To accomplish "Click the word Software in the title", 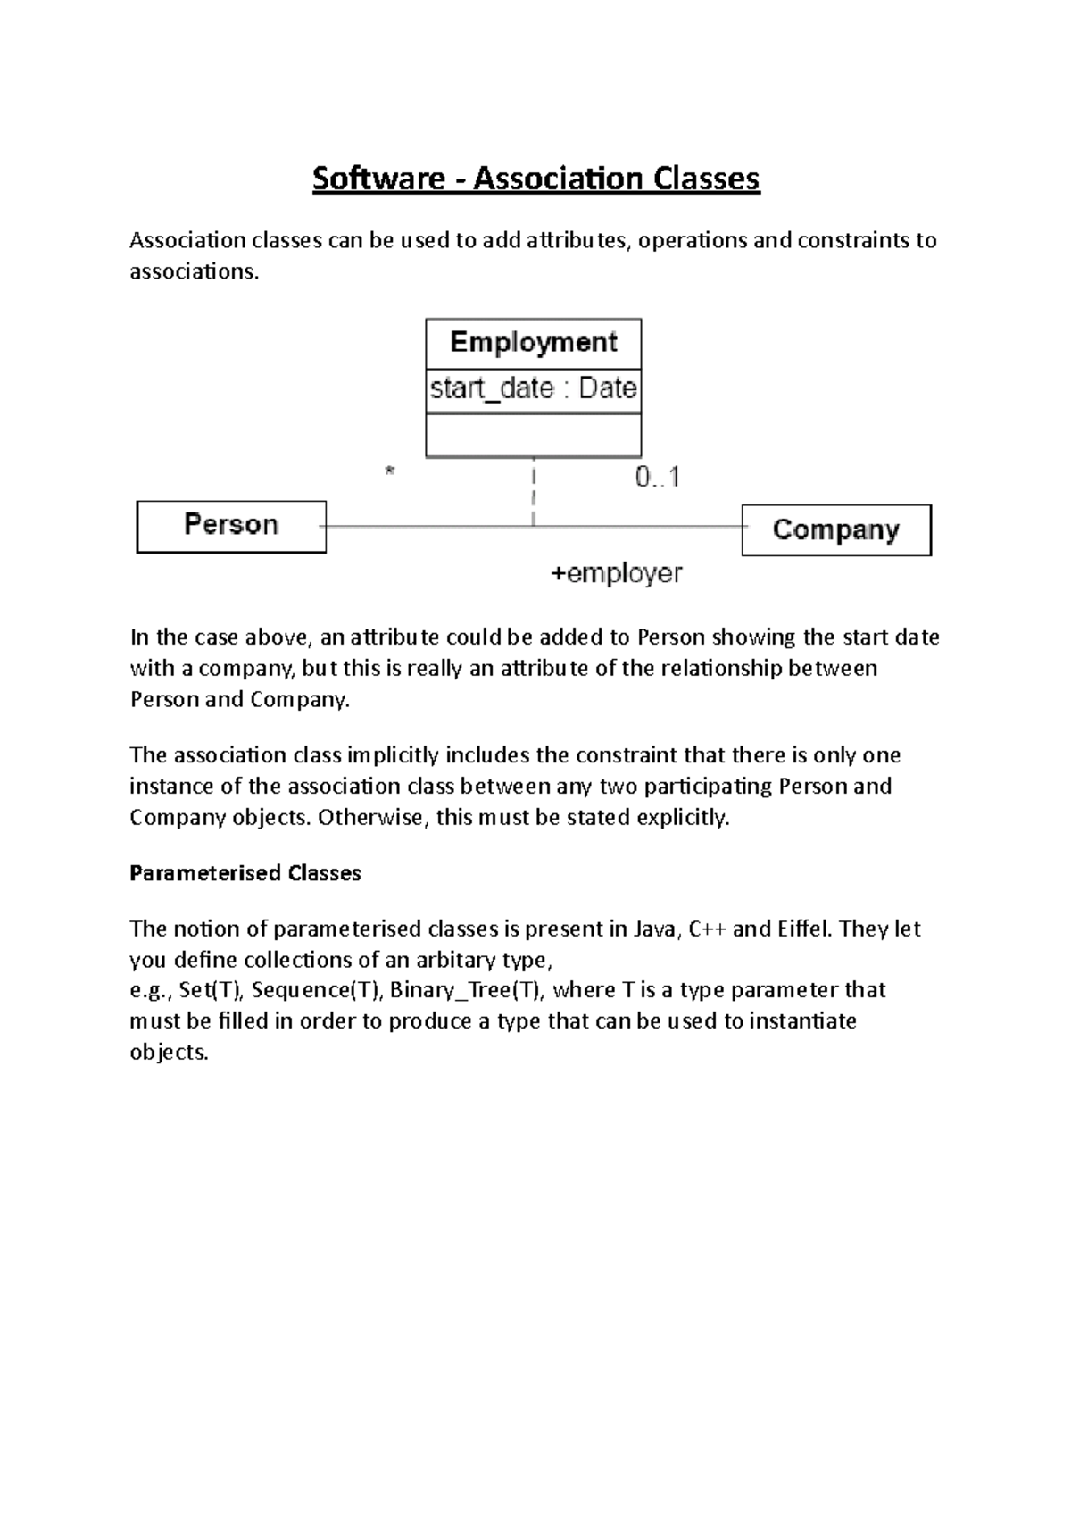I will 378,179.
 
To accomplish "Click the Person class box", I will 231,526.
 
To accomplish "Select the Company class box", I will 836,530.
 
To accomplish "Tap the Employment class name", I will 534,343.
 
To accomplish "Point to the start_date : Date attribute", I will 534,389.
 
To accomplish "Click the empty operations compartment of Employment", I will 534,436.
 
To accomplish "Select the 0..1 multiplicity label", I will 658,478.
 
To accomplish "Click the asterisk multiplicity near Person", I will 389,471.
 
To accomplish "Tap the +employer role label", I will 617,573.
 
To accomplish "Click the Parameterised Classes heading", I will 245,873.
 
